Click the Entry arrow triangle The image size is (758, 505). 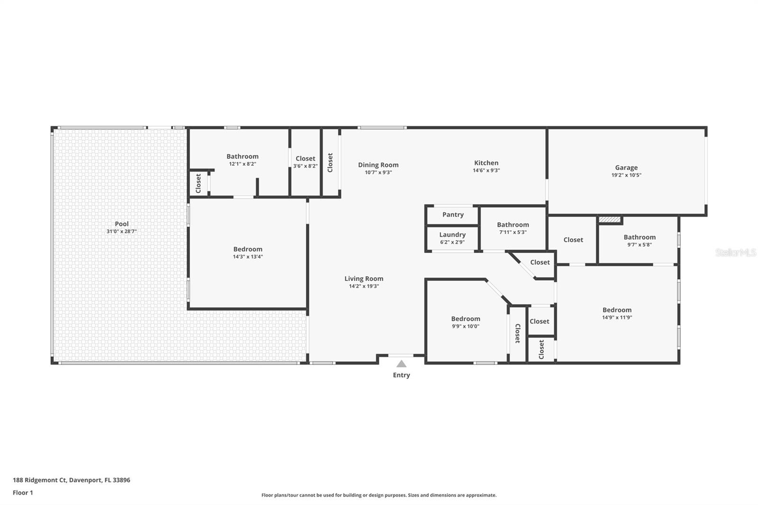pos(401,364)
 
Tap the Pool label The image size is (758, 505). pos(122,224)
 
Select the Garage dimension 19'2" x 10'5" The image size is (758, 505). pos(626,175)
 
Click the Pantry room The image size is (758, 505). pos(453,215)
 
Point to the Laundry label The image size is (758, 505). pos(452,234)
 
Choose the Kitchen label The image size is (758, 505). pos(486,162)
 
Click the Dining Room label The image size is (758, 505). pos(378,165)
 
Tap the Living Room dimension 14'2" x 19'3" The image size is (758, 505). pos(364,286)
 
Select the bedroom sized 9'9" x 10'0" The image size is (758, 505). pos(465,322)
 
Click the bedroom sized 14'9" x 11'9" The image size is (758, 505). pos(617,314)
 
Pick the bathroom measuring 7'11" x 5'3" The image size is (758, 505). pos(513,228)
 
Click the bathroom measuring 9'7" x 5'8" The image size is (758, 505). pos(640,240)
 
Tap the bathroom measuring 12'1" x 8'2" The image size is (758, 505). pos(242,160)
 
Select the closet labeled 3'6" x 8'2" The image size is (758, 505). pos(305,162)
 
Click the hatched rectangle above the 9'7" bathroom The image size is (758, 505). pos(610,219)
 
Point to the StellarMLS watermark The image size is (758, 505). pos(735,253)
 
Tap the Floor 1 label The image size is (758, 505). pos(23,493)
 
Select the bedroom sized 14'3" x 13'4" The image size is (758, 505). pos(247,252)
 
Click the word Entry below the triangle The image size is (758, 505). pos(401,375)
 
